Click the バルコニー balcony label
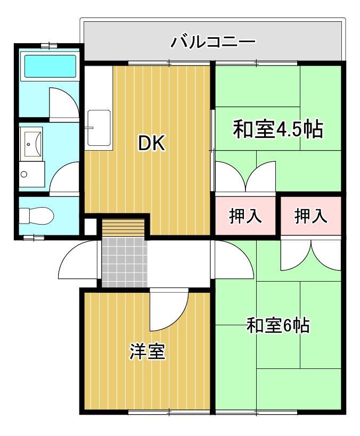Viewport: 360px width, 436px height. tap(213, 42)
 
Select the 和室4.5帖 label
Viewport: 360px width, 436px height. tap(278, 129)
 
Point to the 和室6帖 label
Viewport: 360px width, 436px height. tap(278, 325)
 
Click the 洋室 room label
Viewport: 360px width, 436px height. tap(147, 352)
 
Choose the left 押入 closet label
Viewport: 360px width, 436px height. tap(245, 216)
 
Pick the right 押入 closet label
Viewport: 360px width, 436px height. tap(310, 216)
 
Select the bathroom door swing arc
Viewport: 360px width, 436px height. tap(63, 101)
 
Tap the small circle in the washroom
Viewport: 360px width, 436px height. tap(24, 174)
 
